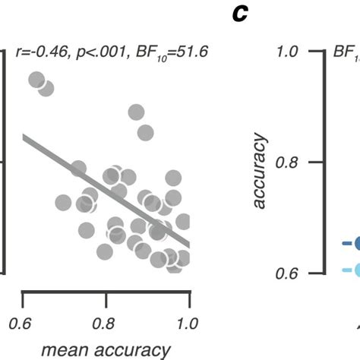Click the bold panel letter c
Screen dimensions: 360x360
click(241, 13)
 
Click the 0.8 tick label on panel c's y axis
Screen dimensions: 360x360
click(289, 162)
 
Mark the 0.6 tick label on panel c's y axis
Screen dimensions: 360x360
click(289, 273)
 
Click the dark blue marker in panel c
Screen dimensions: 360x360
click(355, 244)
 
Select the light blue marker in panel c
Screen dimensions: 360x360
click(355, 270)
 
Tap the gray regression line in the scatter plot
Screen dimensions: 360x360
click(106, 190)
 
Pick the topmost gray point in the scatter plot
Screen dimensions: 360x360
click(36, 81)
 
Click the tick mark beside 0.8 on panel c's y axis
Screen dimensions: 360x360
click(316, 162)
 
